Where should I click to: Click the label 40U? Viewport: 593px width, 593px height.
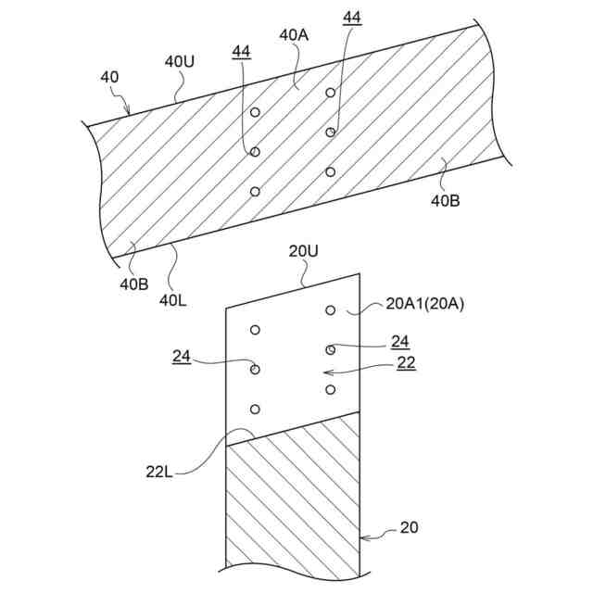pos(179,61)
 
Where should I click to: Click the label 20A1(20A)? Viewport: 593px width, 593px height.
pos(423,305)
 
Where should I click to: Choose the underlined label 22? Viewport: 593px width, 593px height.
pos(406,363)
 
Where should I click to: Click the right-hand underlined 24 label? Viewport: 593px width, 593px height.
pos(399,341)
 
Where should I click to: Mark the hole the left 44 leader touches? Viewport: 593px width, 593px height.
pos(255,152)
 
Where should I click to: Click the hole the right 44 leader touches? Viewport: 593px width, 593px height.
pos(330,132)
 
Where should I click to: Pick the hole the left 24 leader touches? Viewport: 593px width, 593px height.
pos(255,370)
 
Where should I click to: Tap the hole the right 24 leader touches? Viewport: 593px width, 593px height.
pos(330,349)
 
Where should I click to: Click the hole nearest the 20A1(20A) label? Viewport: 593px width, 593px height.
pos(330,309)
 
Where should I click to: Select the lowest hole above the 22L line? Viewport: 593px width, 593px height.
pos(255,410)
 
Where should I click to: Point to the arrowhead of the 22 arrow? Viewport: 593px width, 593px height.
pos(322,372)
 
